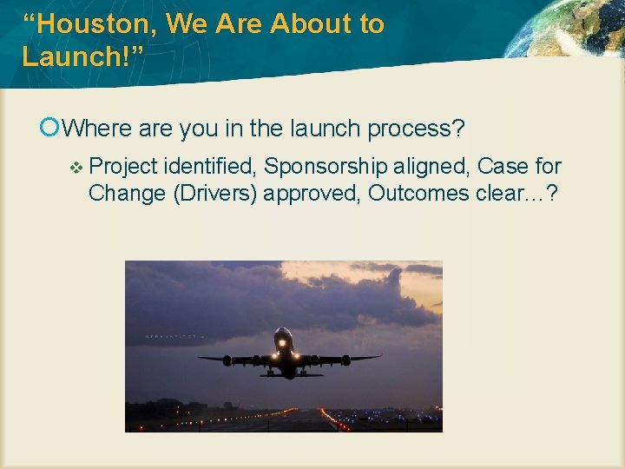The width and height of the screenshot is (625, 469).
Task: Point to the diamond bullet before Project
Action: (x=76, y=167)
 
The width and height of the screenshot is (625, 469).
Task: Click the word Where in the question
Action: (x=97, y=129)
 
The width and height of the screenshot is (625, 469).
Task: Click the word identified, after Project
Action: (x=210, y=166)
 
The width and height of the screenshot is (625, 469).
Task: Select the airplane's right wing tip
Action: (x=378, y=355)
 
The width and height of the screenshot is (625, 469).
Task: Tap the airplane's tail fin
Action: (x=284, y=331)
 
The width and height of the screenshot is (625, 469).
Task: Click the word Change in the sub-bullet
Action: (x=128, y=192)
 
